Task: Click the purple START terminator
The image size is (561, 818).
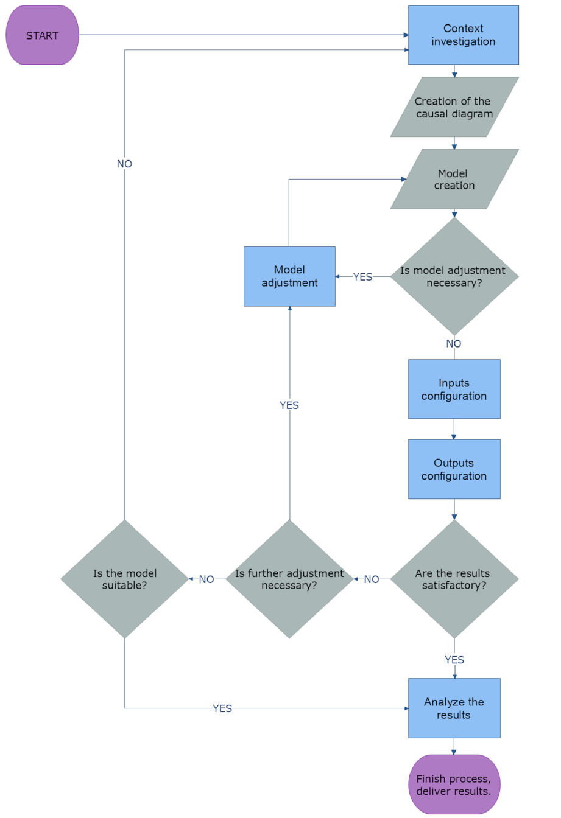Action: [x=42, y=35]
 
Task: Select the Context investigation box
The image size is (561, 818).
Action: [x=463, y=35]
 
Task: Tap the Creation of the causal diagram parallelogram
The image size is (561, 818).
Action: [x=454, y=107]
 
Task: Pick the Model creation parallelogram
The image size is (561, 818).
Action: [x=454, y=180]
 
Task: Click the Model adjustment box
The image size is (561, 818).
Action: [x=289, y=276]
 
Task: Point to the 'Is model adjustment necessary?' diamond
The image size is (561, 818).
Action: [x=454, y=276]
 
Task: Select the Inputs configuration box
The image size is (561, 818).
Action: [x=454, y=389]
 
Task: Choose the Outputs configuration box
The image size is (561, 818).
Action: [x=454, y=469]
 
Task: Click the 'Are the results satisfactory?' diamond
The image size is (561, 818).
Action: [x=454, y=579]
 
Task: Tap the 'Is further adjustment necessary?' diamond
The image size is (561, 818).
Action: [x=289, y=579]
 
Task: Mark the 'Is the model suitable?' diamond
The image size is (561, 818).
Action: [x=125, y=579]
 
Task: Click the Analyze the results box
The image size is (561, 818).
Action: [x=454, y=708]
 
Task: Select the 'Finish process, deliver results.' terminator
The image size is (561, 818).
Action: [x=454, y=785]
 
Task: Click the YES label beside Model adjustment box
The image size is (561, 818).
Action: [x=362, y=277]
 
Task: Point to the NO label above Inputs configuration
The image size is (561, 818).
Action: [x=454, y=344]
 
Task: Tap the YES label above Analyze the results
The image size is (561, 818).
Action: [x=454, y=660]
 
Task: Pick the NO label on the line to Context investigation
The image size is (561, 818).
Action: [x=124, y=164]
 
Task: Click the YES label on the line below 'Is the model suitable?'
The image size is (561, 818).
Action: [x=222, y=708]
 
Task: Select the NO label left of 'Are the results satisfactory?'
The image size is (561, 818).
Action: [x=372, y=579]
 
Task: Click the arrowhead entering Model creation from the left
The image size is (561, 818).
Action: [x=404, y=179]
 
